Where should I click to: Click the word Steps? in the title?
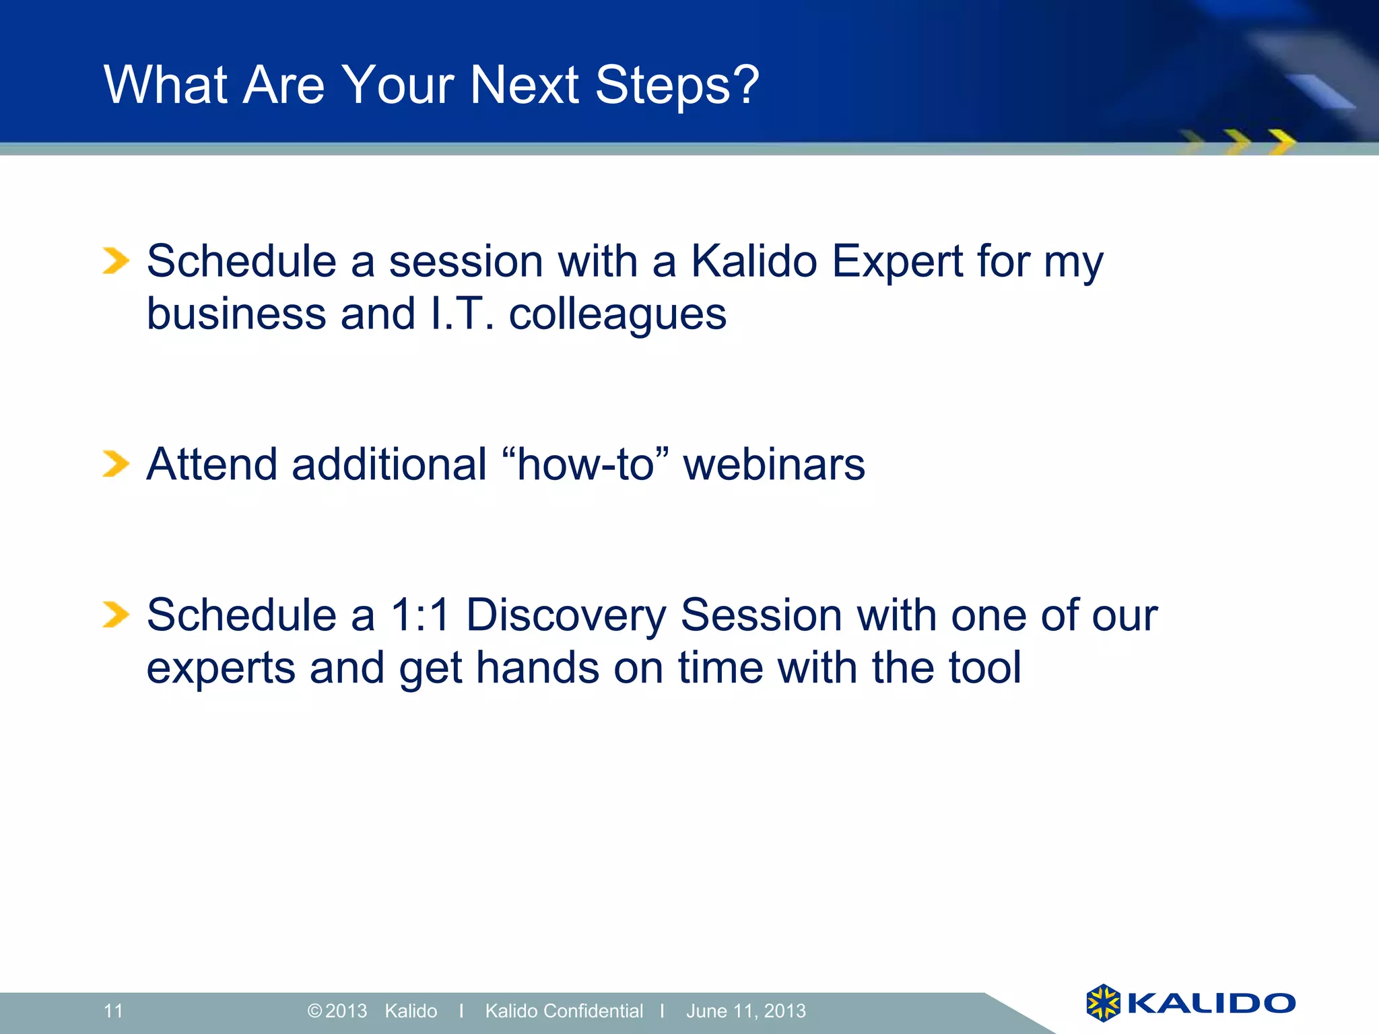pos(677,86)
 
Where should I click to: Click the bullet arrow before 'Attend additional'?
pos(115,464)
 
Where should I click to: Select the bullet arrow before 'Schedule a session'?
pos(115,261)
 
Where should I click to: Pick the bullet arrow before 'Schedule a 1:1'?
pos(115,614)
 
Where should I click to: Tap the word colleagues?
pos(617,315)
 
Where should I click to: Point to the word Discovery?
pos(566,616)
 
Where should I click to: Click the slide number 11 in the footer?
pos(113,1010)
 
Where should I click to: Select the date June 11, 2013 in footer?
pos(745,1010)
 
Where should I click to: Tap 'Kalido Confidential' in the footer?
pos(564,1010)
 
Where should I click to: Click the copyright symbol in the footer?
pos(314,1010)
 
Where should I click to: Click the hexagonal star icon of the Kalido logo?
pos(1103,1002)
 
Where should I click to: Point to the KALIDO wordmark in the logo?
pos(1211,1003)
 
